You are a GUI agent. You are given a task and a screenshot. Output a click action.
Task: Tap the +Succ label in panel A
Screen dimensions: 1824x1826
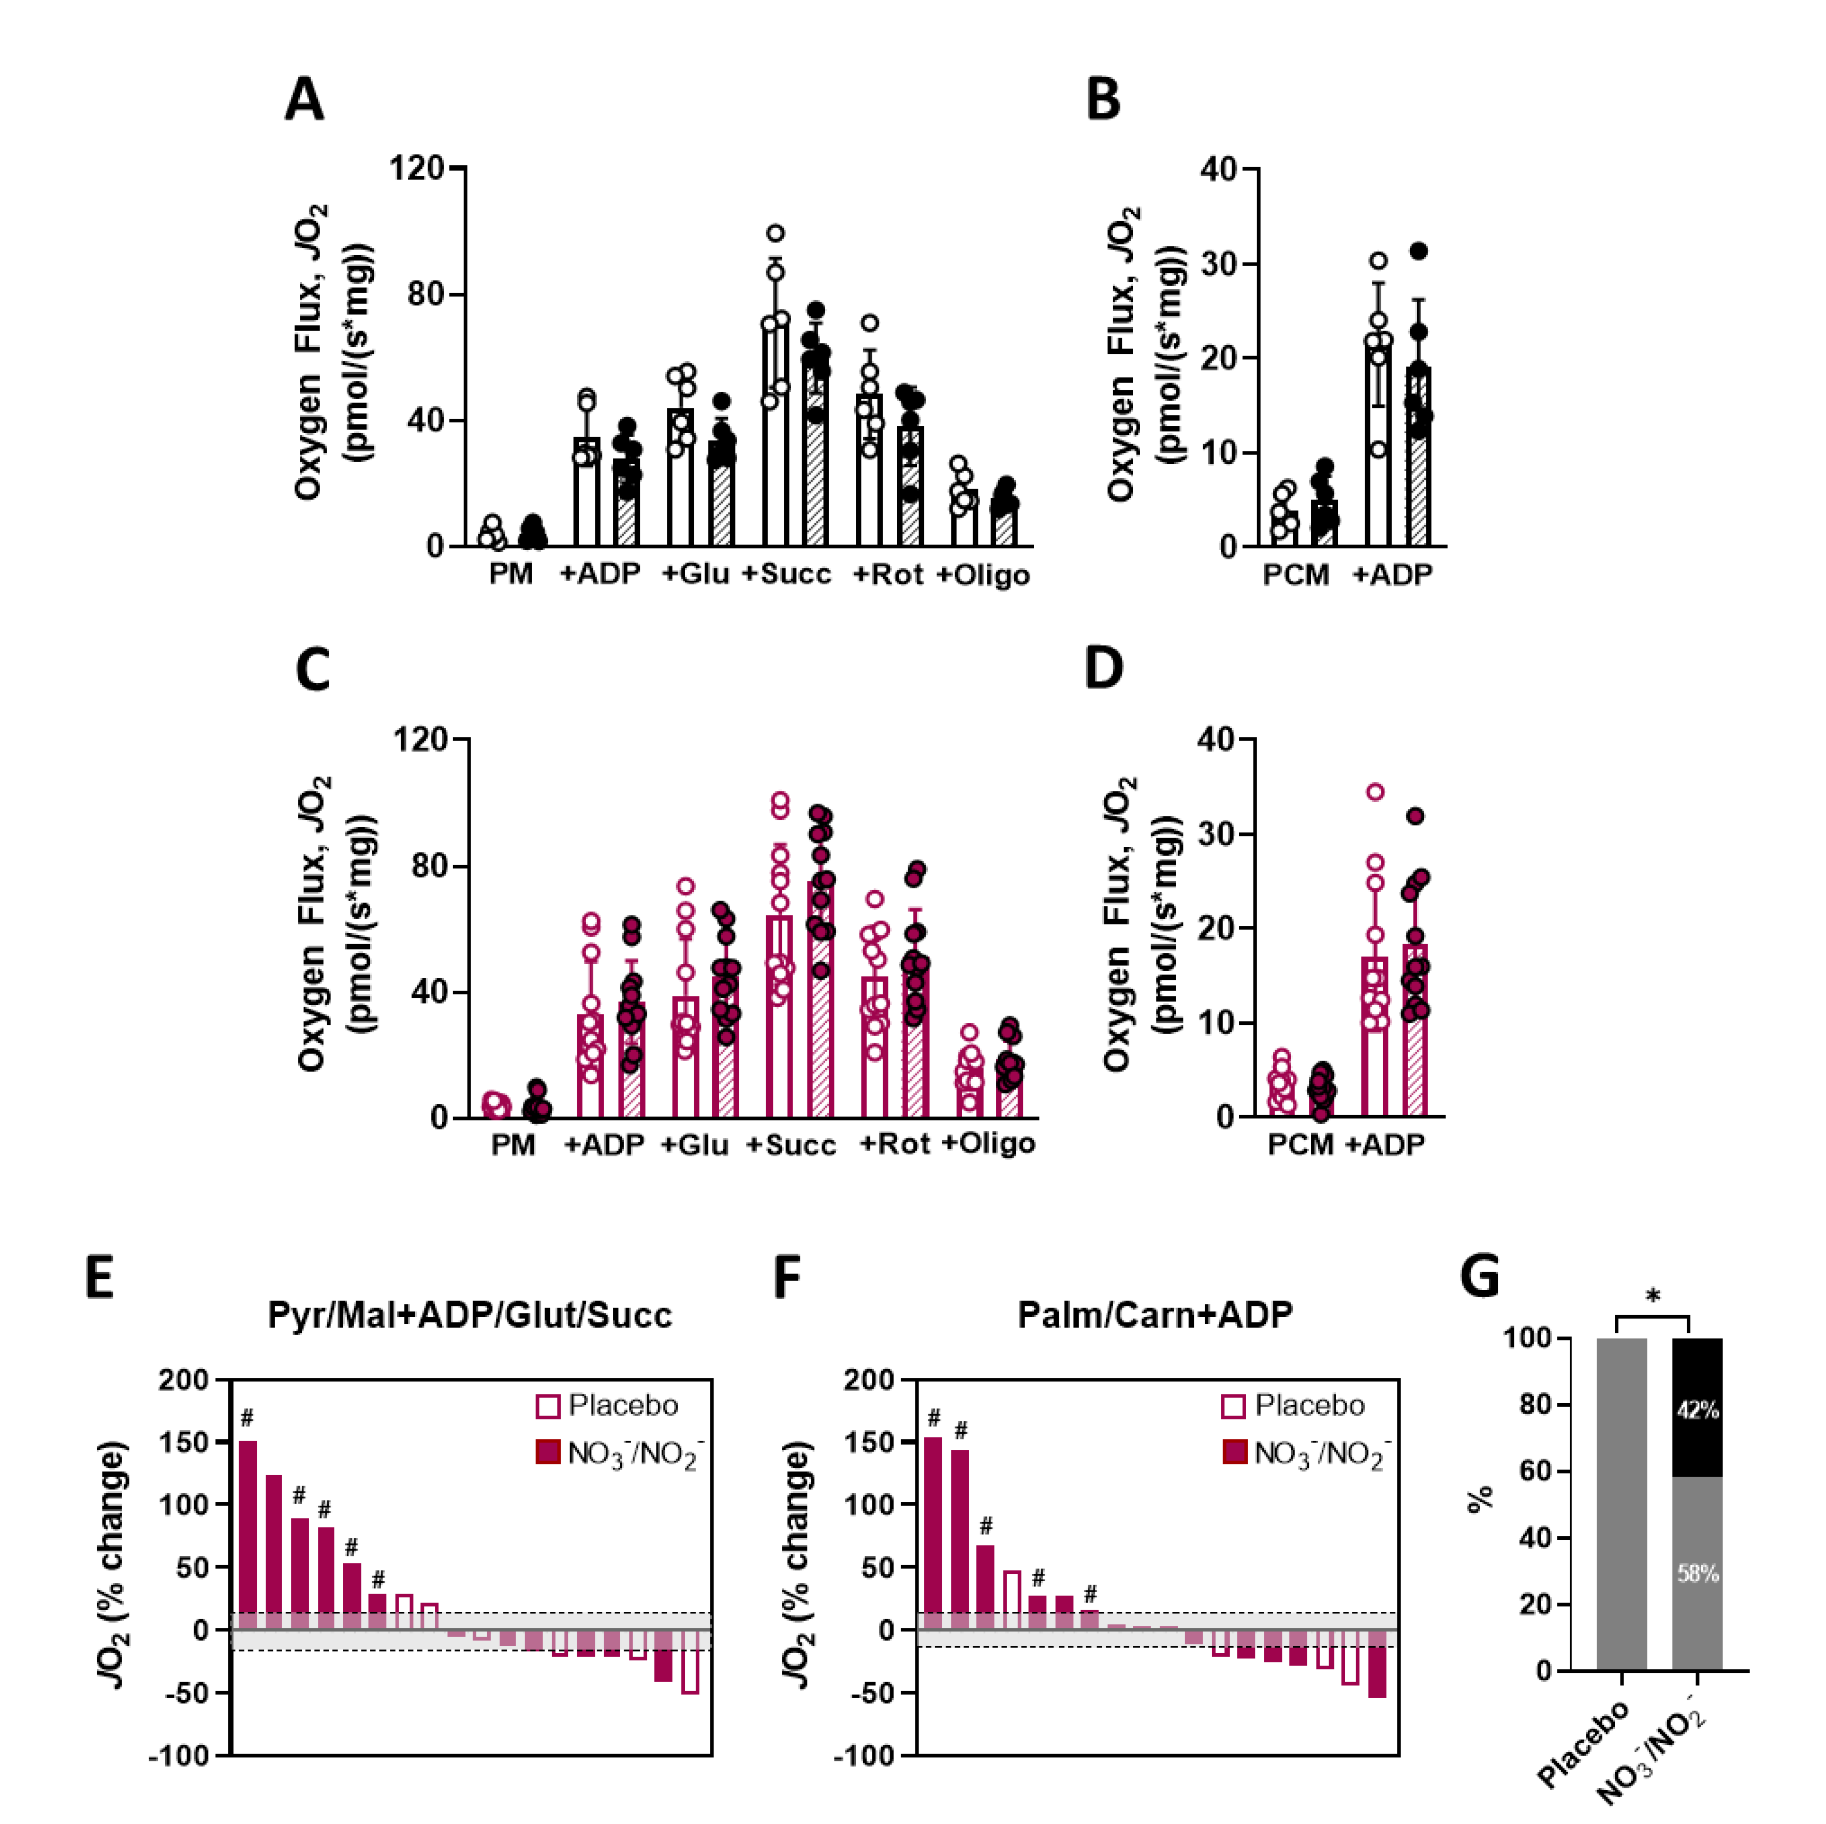click(x=786, y=573)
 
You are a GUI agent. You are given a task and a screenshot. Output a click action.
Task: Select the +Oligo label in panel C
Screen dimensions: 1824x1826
click(x=989, y=1143)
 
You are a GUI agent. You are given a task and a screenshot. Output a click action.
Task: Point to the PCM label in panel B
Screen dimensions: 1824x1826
click(x=1296, y=573)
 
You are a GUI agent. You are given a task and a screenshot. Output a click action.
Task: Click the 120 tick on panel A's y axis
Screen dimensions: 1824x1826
click(x=417, y=168)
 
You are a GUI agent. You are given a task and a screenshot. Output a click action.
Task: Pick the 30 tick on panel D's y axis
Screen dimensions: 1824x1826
click(x=1217, y=833)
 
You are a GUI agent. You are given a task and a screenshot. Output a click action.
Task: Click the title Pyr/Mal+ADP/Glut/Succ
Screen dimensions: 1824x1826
click(x=470, y=1315)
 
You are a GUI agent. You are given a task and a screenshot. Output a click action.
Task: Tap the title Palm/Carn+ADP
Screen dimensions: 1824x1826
click(x=1155, y=1315)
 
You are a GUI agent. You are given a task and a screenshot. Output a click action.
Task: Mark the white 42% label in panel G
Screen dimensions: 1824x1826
click(x=1698, y=1410)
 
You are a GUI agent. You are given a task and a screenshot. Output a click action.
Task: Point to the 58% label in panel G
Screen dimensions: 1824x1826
click(x=1698, y=1573)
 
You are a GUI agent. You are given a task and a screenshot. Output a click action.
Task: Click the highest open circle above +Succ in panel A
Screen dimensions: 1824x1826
click(x=775, y=232)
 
